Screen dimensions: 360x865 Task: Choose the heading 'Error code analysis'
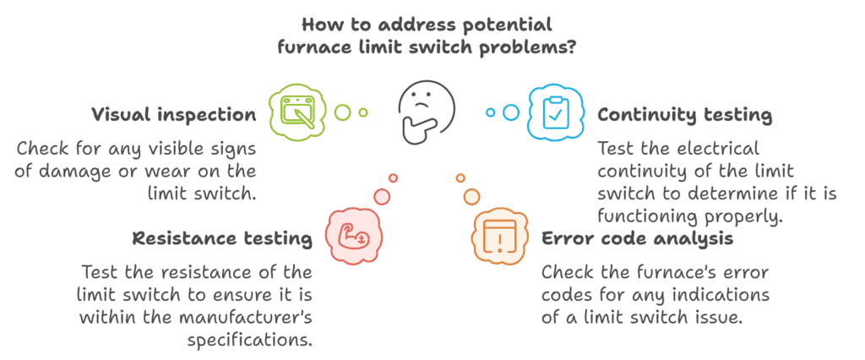(x=637, y=238)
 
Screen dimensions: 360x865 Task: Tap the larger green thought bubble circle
(x=342, y=112)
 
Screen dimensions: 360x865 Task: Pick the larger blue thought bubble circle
(x=511, y=112)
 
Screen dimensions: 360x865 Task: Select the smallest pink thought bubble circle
(x=393, y=177)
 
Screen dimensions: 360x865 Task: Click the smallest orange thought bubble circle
(x=460, y=177)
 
